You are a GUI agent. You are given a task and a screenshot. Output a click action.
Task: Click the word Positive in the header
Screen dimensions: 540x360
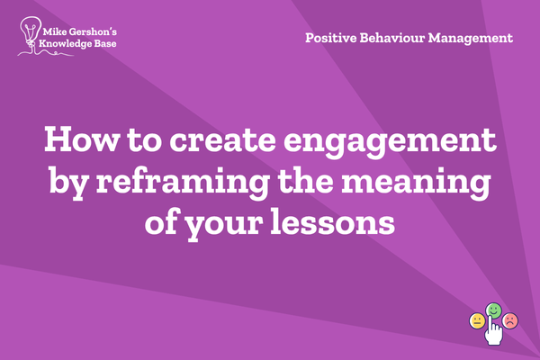(x=330, y=38)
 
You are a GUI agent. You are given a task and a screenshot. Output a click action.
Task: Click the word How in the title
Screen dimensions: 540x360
(x=82, y=139)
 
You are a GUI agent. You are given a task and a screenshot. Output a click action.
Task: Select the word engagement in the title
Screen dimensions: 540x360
(x=390, y=142)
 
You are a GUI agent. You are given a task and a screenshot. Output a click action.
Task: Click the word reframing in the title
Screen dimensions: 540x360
(x=183, y=182)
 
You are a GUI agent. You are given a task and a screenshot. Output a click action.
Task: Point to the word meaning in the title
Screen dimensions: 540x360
(x=416, y=184)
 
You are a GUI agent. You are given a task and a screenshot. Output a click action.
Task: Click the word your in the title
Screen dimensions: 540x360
(x=223, y=226)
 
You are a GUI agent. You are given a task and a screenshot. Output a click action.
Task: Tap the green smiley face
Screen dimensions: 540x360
(x=493, y=310)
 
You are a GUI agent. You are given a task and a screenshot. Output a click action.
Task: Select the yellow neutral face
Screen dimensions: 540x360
(x=477, y=321)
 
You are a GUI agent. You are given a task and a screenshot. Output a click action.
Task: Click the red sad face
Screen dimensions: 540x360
(x=510, y=320)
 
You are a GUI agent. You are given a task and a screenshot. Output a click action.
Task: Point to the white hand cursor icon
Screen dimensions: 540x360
(x=493, y=330)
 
